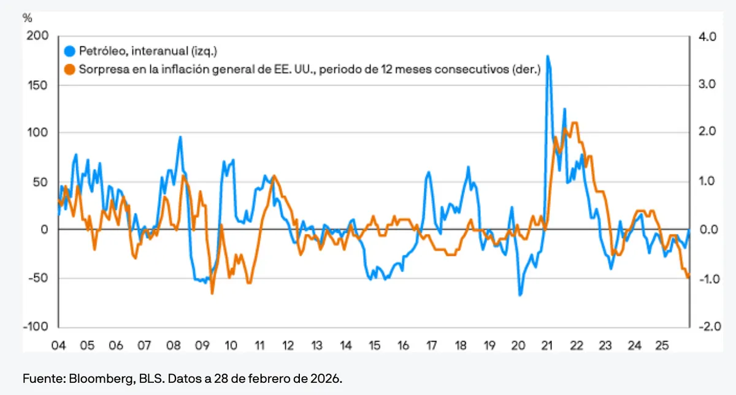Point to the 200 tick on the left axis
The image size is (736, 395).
coord(37,36)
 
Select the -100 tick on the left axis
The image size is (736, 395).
coord(35,327)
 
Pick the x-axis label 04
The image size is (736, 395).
coord(58,345)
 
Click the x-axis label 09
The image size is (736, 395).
coord(202,345)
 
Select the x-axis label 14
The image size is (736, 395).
coord(345,345)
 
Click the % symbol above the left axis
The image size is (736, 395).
coord(27,17)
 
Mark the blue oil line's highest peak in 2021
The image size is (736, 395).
coord(547,56)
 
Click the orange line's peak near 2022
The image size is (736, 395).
coord(574,123)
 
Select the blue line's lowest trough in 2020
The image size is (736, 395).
coord(519,295)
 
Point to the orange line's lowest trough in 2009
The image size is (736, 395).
coord(212,293)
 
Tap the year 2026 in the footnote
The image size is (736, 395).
coord(327,378)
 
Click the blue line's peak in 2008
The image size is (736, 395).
coord(180,137)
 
